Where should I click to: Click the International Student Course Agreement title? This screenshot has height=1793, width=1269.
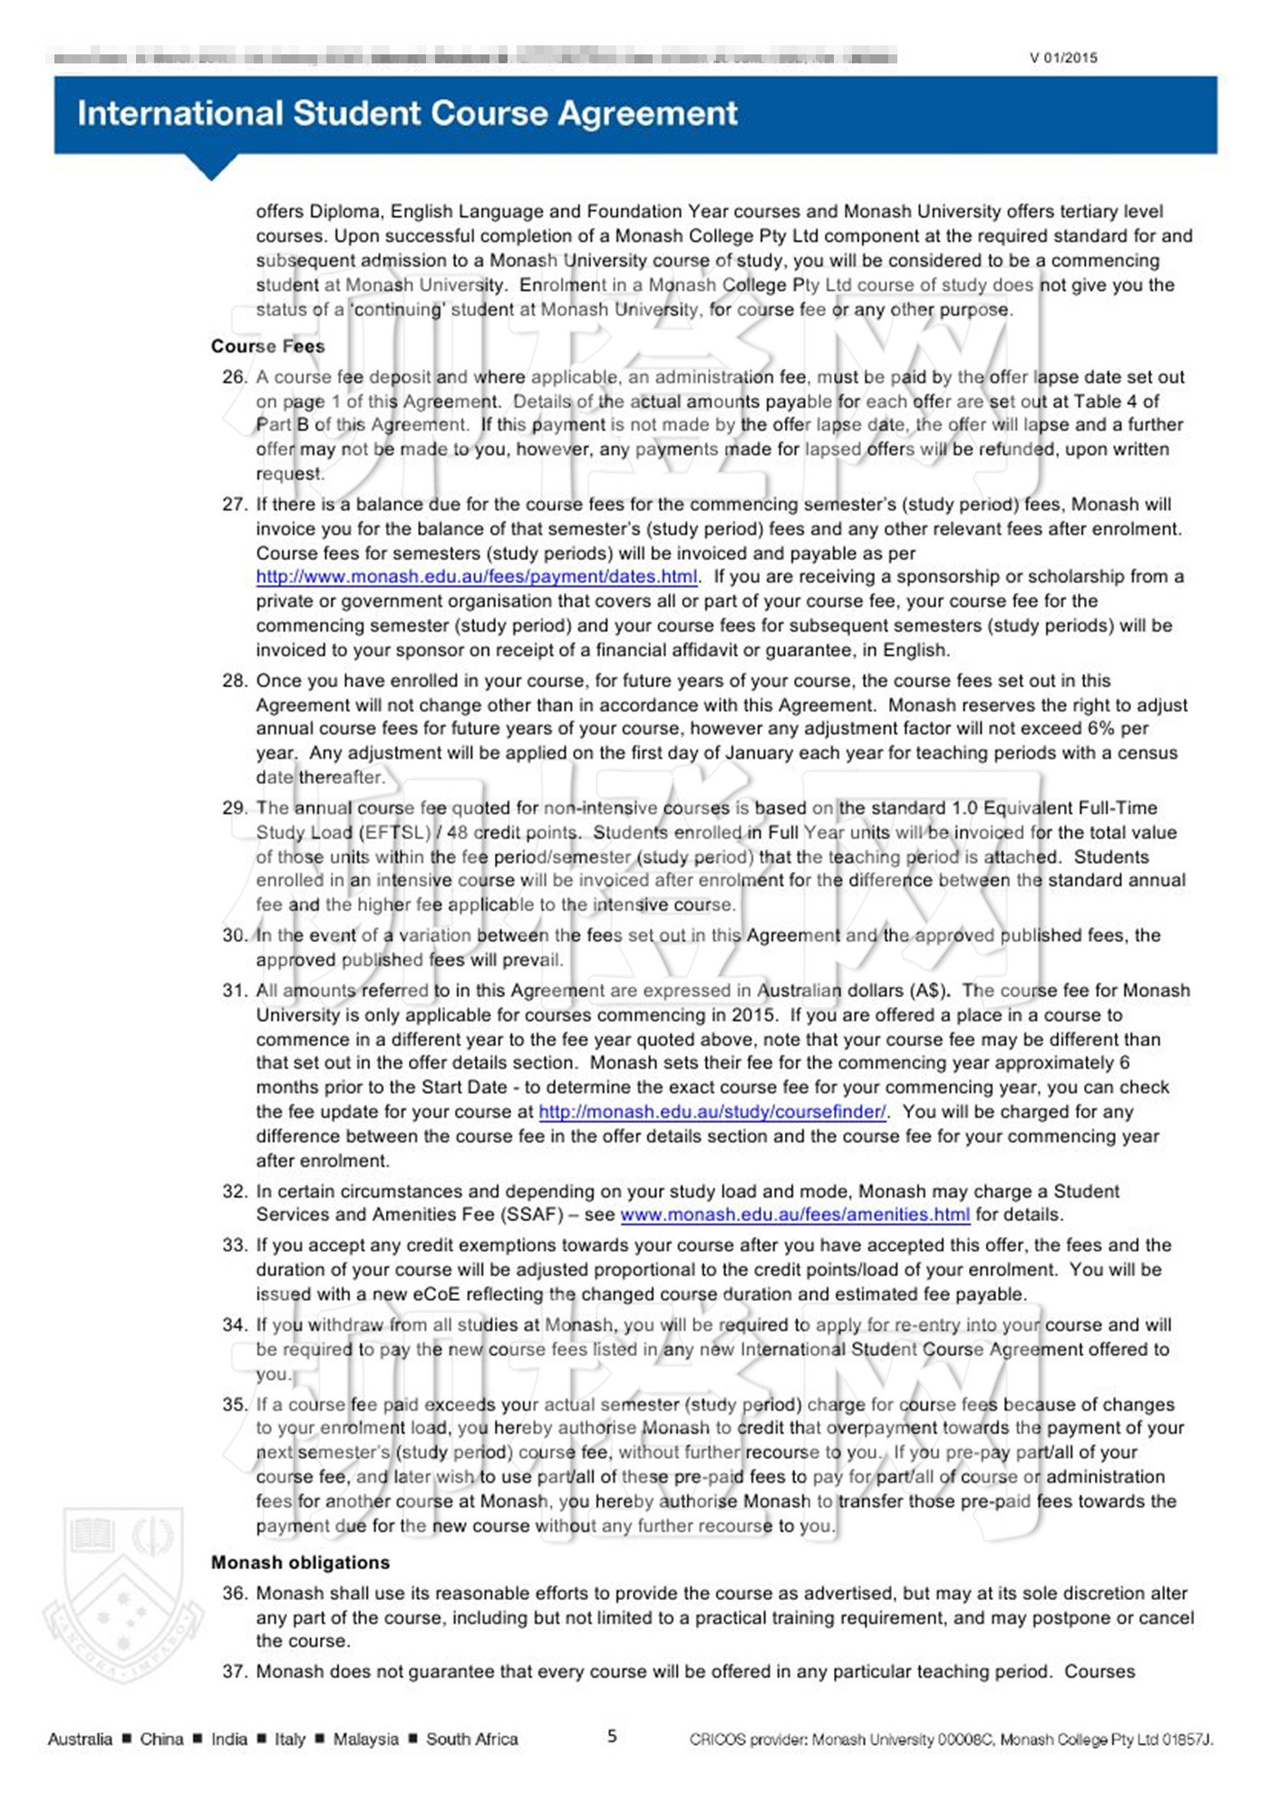[407, 113]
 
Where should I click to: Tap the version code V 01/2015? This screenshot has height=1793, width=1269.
[1063, 58]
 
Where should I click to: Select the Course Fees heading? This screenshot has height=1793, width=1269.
[267, 346]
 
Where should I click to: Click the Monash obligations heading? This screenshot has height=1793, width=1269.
[300, 1562]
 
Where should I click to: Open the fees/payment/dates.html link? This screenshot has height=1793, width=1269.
[477, 577]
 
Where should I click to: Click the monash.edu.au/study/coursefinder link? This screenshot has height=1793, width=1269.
[712, 1111]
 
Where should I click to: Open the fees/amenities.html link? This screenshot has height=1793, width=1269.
[795, 1215]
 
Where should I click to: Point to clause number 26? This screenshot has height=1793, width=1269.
[234, 377]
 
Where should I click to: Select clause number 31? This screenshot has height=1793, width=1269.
[234, 991]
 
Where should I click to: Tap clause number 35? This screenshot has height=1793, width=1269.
[234, 1404]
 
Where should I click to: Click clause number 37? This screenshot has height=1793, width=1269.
[234, 1672]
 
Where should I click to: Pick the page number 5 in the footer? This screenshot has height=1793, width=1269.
[612, 1736]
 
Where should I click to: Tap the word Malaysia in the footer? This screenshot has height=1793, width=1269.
[365, 1739]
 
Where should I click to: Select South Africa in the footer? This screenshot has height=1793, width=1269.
[471, 1739]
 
